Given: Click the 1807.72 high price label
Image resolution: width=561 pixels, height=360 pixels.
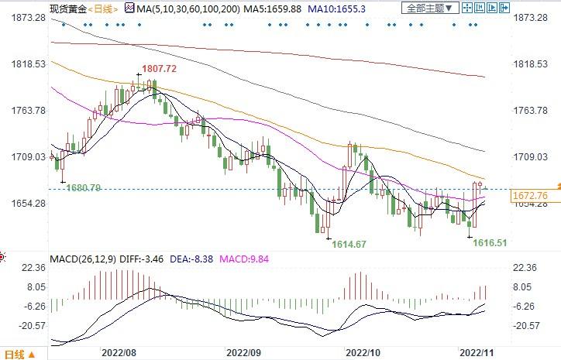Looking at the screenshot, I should point(161,69).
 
